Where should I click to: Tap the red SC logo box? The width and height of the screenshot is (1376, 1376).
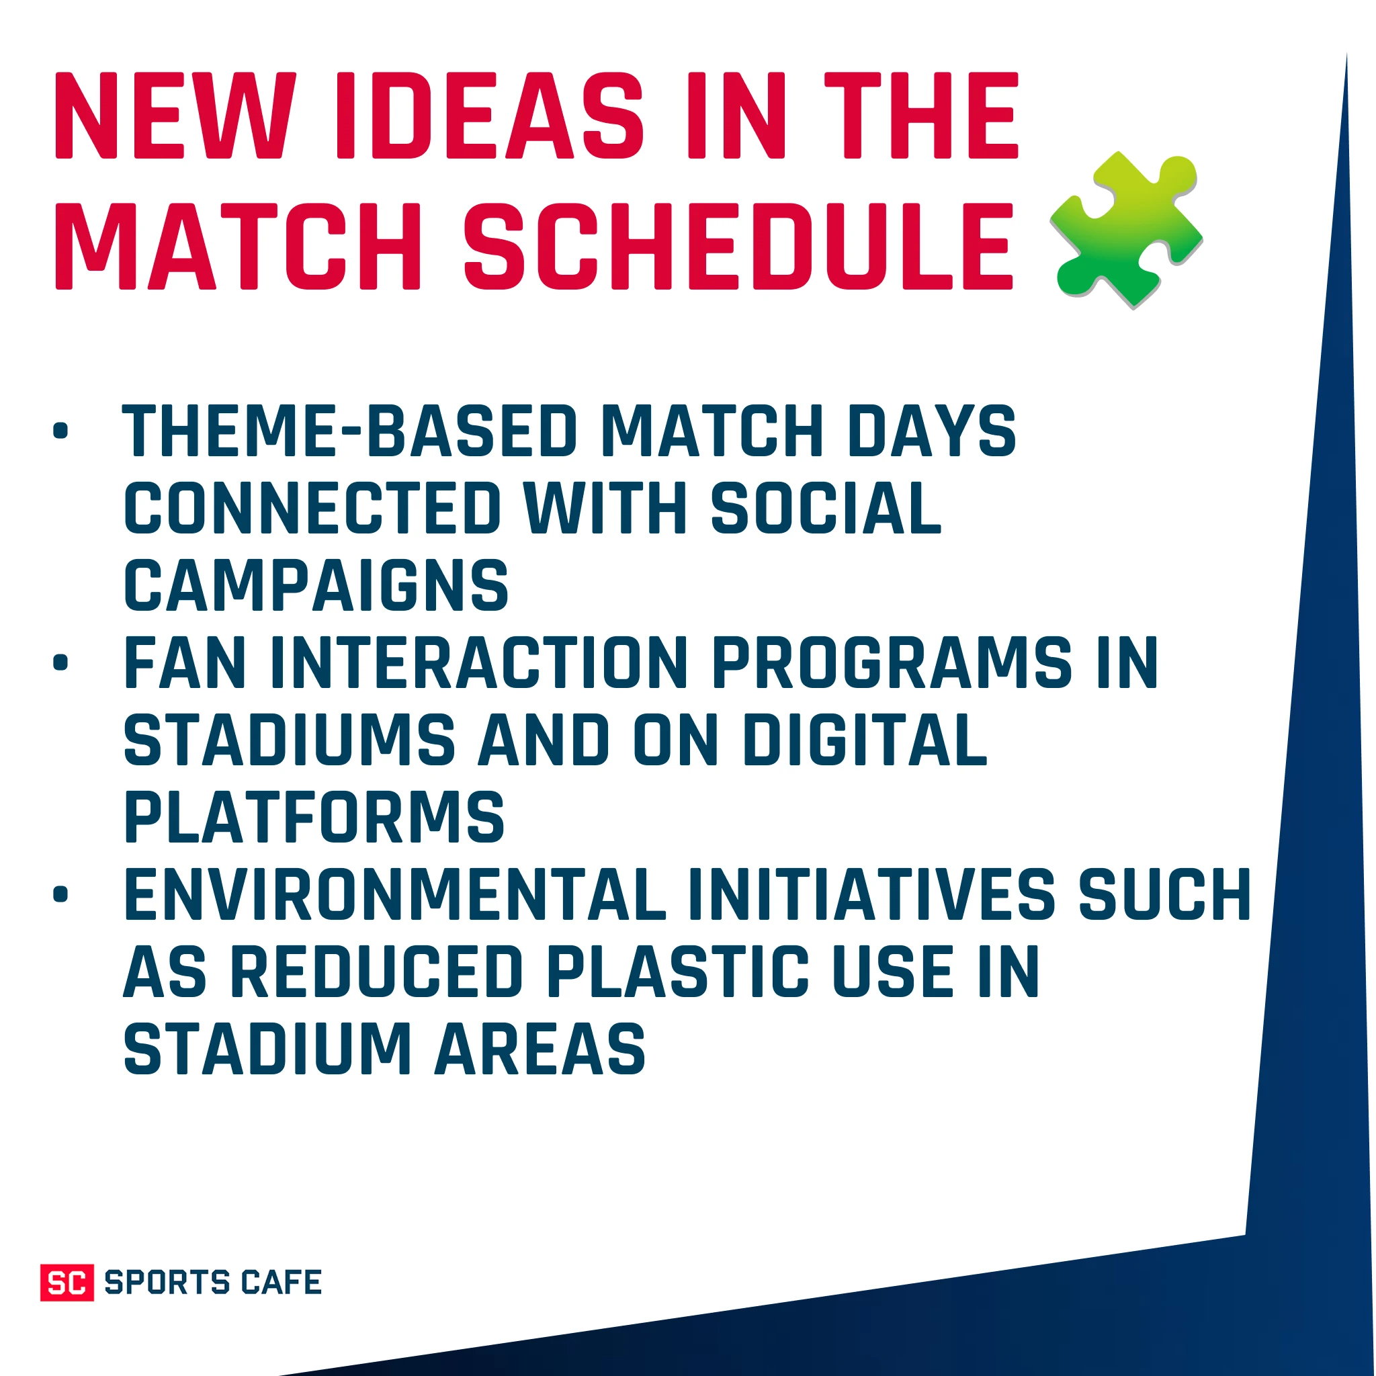tap(67, 1282)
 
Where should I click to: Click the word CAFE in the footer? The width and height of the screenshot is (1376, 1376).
tap(282, 1282)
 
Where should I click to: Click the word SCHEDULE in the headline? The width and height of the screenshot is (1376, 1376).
tap(738, 246)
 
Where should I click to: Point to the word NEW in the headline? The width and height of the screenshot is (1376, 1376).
tap(175, 116)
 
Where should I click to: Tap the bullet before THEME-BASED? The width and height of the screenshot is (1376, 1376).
tap(60, 430)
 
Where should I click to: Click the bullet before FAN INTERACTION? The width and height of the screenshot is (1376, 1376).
tap(60, 662)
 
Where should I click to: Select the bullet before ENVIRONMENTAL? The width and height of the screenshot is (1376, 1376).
tap(60, 894)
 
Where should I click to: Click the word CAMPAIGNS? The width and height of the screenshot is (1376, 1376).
tap(316, 585)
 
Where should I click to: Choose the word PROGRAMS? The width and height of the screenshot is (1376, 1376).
tap(892, 662)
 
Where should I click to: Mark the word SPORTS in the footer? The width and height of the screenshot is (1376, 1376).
tap(167, 1282)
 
